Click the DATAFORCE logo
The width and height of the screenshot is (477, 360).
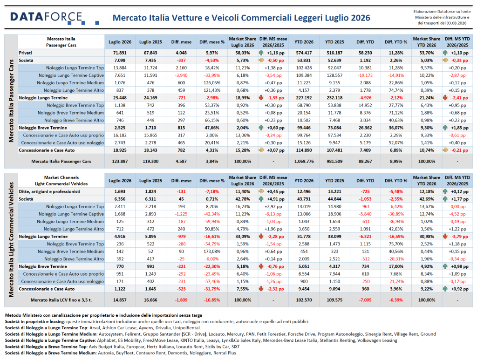click(55, 18)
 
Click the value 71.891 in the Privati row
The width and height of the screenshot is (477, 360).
click(120, 53)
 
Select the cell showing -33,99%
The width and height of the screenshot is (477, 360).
click(212, 75)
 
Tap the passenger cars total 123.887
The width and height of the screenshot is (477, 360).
click(120, 162)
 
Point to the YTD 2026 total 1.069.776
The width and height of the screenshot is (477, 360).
click(304, 162)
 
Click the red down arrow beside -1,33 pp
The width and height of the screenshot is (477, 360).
click(261, 98)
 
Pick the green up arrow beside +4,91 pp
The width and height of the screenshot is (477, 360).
click(261, 199)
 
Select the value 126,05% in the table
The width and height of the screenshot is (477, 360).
click(212, 83)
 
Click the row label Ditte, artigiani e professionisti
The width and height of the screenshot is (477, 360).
click(49, 191)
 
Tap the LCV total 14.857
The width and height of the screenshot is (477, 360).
click(120, 300)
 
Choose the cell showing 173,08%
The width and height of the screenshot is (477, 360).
click(212, 251)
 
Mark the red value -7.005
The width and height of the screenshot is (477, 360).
click(365, 300)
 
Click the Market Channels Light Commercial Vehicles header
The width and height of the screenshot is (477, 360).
click(61, 181)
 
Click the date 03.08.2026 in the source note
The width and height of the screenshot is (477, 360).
click(457, 23)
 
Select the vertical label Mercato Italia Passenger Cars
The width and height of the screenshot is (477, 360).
click(11, 101)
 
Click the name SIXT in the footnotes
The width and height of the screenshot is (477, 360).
click(235, 346)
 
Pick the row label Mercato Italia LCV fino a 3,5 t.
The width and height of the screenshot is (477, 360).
click(61, 300)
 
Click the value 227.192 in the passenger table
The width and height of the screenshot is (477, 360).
click(304, 98)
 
